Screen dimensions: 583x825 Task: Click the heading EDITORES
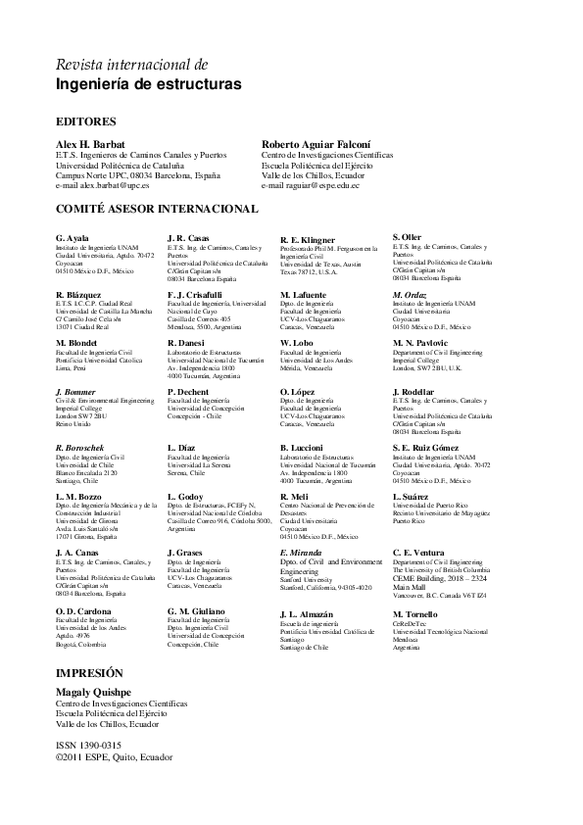[86, 121]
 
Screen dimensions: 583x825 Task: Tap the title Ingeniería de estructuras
[148, 86]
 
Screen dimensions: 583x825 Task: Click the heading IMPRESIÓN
[90, 673]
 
